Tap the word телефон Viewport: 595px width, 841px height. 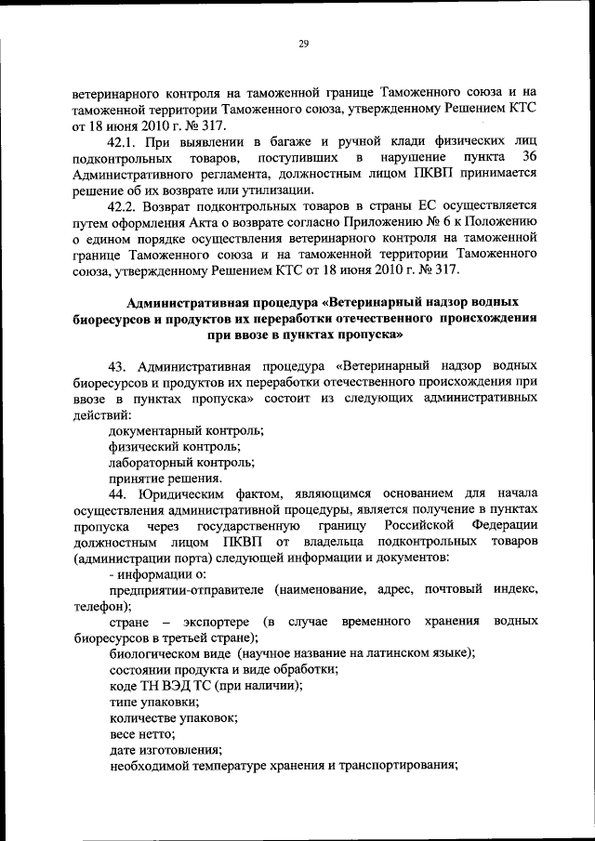pyautogui.click(x=94, y=603)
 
